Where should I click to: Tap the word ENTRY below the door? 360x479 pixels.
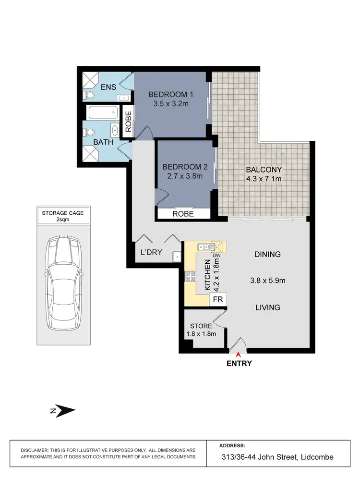tap(239, 364)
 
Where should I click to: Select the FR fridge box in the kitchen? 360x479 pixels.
tap(217, 300)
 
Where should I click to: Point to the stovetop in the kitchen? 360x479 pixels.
tap(190, 276)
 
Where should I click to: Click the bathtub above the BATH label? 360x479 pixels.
tap(102, 113)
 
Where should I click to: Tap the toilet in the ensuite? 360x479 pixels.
tap(88, 95)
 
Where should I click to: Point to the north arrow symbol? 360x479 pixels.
tap(62, 411)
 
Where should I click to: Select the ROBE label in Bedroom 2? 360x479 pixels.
tap(183, 214)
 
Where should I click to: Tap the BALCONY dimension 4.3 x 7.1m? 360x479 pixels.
tap(264, 179)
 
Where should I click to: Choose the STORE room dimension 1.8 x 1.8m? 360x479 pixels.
tap(201, 334)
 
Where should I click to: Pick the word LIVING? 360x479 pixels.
tap(268, 307)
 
